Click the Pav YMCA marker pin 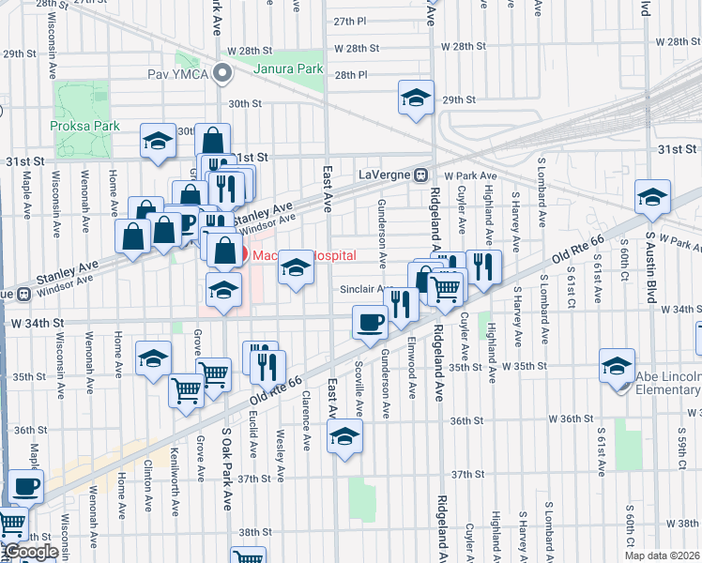[222, 72]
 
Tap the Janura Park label [288, 68]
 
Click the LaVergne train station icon [422, 174]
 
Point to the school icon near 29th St [416, 98]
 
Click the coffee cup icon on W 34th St [370, 323]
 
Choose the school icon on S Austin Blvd [652, 196]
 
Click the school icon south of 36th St [344, 435]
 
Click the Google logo [29, 552]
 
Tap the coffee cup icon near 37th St [24, 487]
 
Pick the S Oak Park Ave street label [226, 469]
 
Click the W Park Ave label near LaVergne [468, 175]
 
